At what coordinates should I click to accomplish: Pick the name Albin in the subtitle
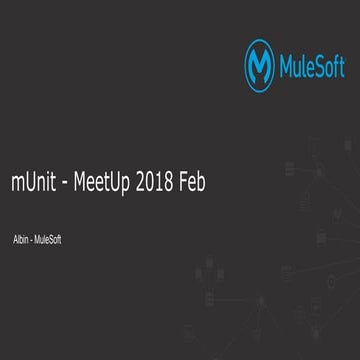[20, 240]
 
